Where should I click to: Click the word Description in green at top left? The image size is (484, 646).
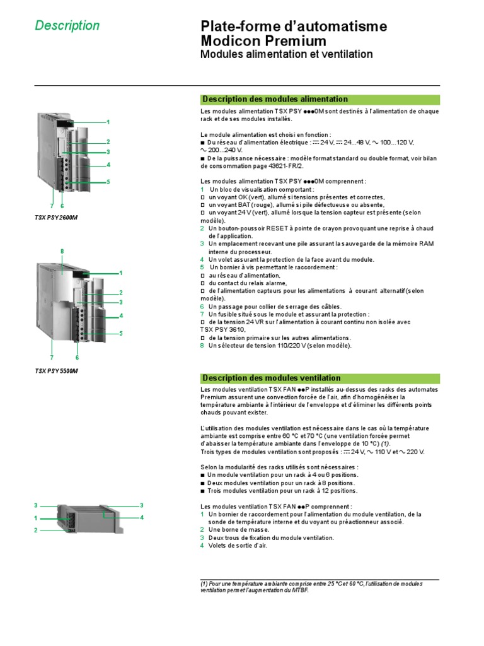67,26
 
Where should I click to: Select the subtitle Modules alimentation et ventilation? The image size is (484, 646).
286,55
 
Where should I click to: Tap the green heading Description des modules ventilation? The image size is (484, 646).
271,378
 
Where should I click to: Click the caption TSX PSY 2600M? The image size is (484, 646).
60,218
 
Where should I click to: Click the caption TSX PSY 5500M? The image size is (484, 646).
57,371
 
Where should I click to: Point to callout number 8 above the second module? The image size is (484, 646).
62,252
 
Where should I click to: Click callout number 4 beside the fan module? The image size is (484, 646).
142,517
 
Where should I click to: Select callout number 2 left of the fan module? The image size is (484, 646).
36,531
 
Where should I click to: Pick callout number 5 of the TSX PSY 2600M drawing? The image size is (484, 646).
108,182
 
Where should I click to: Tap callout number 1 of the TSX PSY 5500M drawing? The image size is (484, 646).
120,273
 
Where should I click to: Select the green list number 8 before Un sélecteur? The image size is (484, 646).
202,345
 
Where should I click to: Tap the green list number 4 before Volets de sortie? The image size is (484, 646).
202,546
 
